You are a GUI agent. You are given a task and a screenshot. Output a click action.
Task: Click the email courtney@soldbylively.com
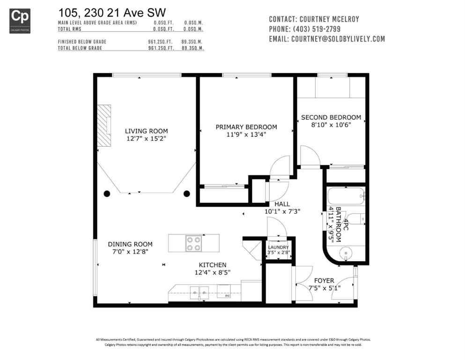coord(338,39)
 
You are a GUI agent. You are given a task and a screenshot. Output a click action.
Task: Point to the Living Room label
coord(146,131)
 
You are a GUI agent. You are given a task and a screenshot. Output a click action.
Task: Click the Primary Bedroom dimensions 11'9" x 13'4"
coord(246,135)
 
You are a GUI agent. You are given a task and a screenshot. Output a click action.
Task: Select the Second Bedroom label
coord(331,117)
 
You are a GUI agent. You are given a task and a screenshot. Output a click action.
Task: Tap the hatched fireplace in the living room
coord(104,126)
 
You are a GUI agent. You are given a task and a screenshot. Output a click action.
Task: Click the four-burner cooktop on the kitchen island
coord(194,243)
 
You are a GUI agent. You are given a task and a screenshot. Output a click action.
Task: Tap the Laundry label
coord(278,247)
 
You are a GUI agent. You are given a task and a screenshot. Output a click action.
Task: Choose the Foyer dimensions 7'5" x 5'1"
coord(325,288)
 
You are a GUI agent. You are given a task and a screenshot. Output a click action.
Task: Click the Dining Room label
coord(130,244)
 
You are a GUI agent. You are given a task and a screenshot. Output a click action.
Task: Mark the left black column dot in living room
coord(107,193)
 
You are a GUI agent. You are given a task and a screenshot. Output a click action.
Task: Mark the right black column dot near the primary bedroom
coord(187,193)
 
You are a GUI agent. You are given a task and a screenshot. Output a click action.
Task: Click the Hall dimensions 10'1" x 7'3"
coord(282,211)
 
